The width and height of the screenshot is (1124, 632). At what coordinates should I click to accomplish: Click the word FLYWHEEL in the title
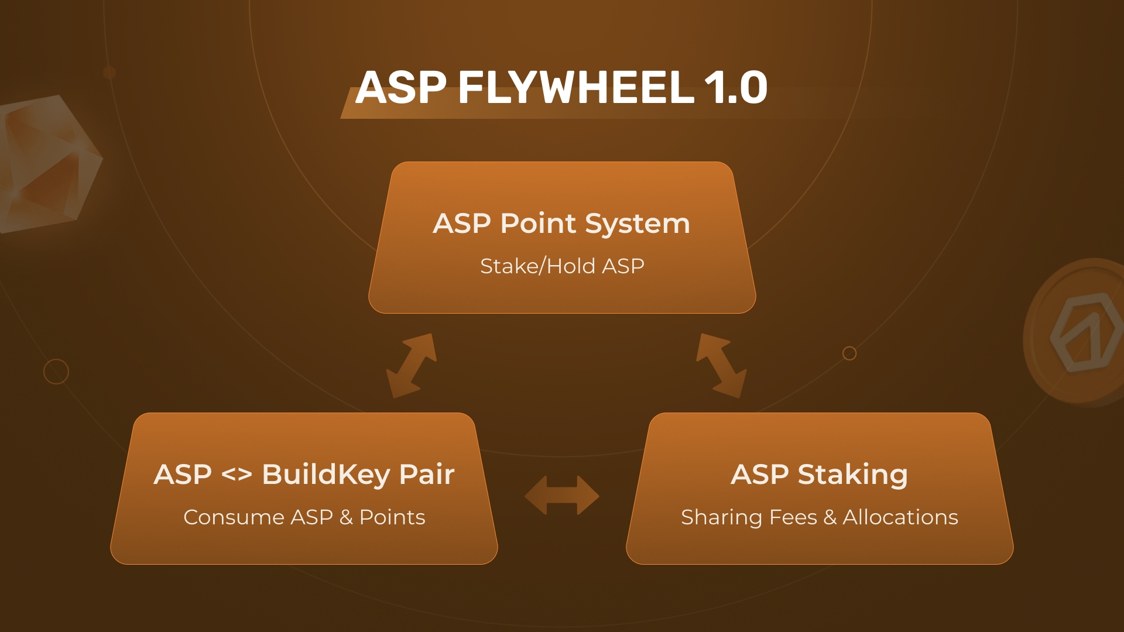[576, 88]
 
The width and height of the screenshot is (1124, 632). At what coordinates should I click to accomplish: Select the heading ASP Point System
[561, 224]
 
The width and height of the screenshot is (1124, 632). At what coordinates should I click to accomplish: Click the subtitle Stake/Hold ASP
[562, 266]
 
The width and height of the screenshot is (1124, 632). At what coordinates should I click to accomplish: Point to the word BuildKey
[326, 475]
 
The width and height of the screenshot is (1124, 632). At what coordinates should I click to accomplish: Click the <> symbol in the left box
[237, 475]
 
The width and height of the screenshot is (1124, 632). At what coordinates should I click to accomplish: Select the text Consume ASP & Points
[304, 517]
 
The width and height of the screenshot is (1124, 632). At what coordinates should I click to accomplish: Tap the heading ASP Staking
[820, 475]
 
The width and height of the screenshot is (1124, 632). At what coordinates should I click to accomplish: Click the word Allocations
[900, 517]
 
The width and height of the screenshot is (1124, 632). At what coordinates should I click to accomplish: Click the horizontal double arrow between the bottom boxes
[562, 495]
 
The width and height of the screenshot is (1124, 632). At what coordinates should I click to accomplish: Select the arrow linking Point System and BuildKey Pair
[412, 366]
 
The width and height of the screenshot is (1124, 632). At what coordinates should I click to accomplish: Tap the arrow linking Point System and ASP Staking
[721, 366]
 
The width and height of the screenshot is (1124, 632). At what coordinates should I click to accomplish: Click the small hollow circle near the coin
[849, 353]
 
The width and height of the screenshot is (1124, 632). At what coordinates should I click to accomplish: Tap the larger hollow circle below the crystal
[56, 372]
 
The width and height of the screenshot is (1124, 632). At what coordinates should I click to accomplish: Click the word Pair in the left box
[427, 475]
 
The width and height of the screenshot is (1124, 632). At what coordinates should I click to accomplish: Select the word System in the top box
[638, 224]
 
